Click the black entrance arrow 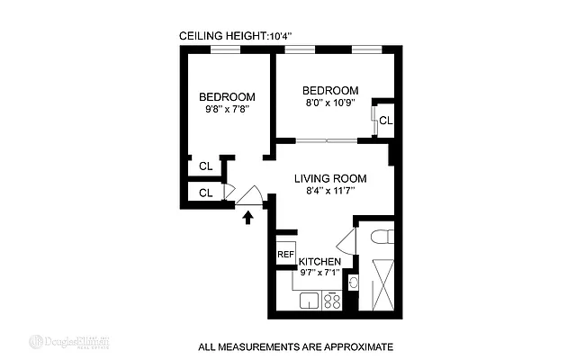(x=249, y=217)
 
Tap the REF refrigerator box (x=285, y=255)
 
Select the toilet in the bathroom (x=380, y=237)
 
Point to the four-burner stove (x=331, y=301)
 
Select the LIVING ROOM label (x=331, y=178)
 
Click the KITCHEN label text (x=319, y=262)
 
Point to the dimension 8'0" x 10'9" (x=329, y=103)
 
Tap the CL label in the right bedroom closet (x=385, y=121)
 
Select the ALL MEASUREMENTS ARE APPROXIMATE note (x=295, y=346)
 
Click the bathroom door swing (x=346, y=240)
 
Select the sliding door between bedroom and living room (x=326, y=139)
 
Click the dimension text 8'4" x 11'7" (x=330, y=191)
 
